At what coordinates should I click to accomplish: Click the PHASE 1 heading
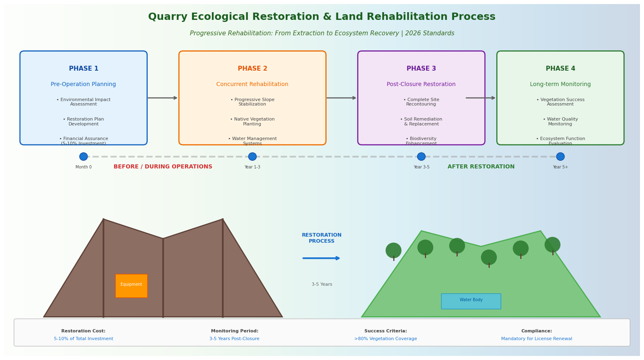click(x=84, y=69)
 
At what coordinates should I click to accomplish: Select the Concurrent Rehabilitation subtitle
click(x=252, y=84)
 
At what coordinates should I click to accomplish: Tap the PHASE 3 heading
click(x=421, y=69)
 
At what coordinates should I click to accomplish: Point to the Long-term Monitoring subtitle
click(x=560, y=84)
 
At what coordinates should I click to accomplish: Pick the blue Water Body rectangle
click(x=471, y=301)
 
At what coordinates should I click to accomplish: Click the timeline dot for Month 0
click(x=84, y=157)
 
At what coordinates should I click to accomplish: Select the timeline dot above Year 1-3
click(x=252, y=157)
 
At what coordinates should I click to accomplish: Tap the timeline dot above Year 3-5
click(x=421, y=157)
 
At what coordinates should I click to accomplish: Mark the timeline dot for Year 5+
click(x=560, y=157)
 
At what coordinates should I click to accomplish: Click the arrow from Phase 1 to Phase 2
click(x=163, y=98)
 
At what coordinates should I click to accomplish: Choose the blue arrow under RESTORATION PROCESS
click(x=321, y=258)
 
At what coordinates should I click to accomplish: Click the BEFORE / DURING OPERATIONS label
click(x=163, y=167)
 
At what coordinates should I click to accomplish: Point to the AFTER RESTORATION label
click(x=481, y=167)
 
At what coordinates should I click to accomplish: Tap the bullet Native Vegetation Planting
click(x=252, y=122)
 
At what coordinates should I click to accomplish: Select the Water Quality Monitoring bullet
click(x=560, y=122)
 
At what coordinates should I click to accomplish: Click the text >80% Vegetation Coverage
click(x=386, y=339)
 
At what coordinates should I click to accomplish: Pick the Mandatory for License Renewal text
click(x=536, y=339)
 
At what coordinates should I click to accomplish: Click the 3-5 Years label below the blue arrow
click(x=322, y=285)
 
